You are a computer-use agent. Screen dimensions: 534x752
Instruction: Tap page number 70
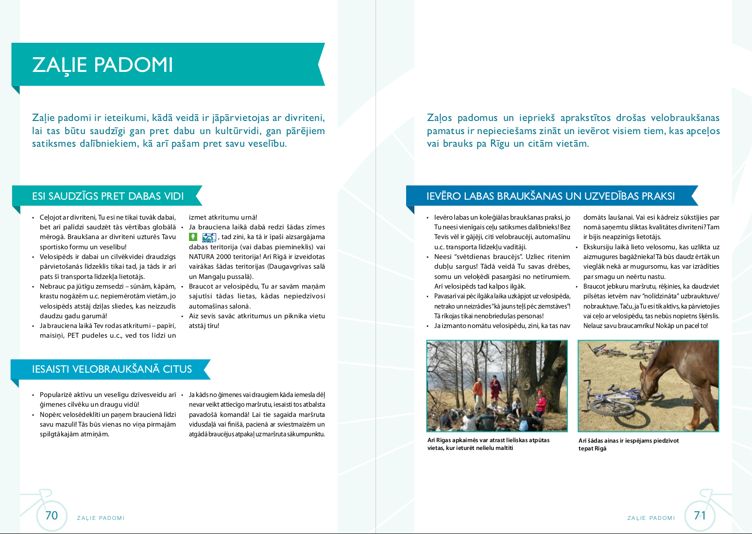[51, 516]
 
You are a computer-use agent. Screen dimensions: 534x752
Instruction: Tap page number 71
[700, 516]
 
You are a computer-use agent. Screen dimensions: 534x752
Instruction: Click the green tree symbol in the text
[193, 237]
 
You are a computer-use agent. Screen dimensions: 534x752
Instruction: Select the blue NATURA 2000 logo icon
[209, 237]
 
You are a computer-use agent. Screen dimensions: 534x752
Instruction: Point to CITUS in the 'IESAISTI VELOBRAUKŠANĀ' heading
[177, 369]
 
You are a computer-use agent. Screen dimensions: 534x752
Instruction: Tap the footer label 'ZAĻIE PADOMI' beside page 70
[101, 518]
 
